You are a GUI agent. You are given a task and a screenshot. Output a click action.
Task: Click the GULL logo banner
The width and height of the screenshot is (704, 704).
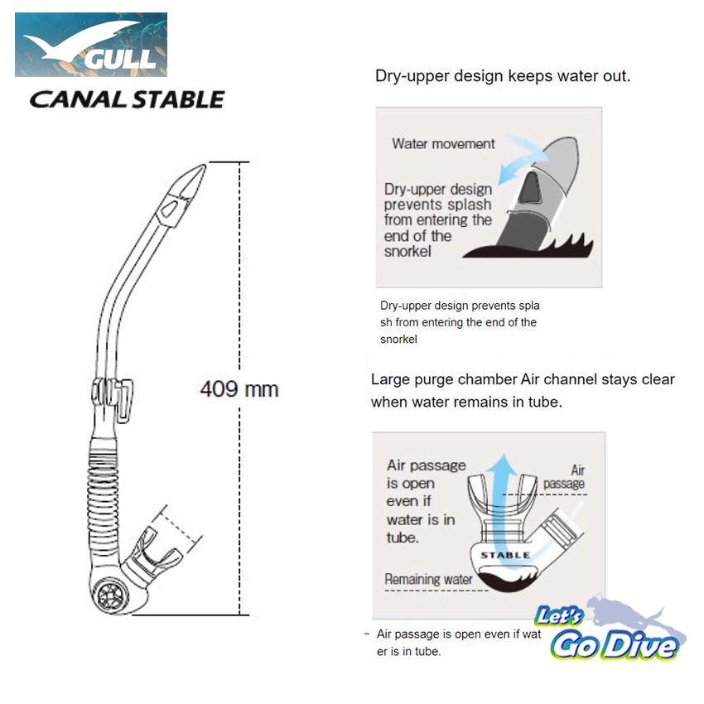[91, 45]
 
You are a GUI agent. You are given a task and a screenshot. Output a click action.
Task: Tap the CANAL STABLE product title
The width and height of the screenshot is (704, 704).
[127, 99]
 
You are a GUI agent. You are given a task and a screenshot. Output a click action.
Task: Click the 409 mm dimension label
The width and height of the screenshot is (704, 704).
[239, 389]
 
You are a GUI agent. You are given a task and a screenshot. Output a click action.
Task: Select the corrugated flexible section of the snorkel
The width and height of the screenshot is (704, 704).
[104, 485]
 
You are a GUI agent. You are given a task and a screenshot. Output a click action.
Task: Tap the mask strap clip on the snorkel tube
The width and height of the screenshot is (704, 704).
[113, 398]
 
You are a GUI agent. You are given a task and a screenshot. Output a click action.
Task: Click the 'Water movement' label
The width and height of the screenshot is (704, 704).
[443, 143]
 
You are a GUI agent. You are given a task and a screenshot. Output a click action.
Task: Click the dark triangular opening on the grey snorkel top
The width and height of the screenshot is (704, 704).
[530, 187]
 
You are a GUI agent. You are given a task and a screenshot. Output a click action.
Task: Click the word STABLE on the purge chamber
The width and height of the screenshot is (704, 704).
[505, 556]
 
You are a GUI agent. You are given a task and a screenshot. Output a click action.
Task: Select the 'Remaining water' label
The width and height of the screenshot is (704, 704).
[428, 579]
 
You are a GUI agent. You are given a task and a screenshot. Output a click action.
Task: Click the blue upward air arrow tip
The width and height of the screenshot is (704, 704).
[504, 456]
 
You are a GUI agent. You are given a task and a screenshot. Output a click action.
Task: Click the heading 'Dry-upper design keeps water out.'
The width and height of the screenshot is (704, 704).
[503, 76]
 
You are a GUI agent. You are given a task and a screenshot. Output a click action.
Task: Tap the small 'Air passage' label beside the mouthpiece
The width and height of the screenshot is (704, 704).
[565, 477]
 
